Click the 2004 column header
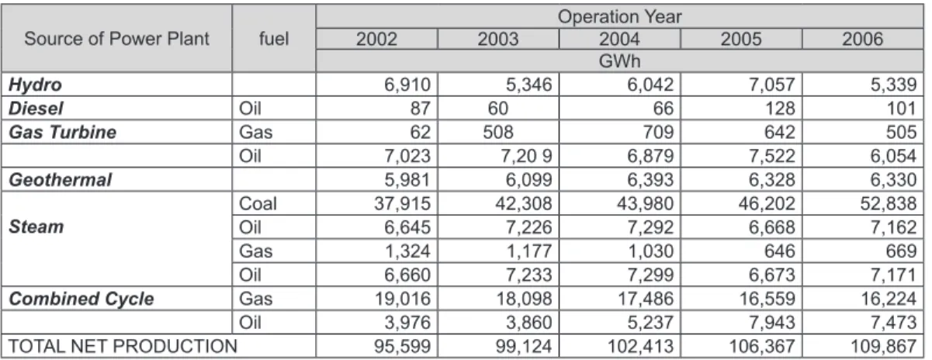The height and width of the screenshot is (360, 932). [x=619, y=39]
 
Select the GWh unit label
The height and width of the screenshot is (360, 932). [x=619, y=61]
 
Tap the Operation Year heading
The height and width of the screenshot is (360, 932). [x=619, y=17]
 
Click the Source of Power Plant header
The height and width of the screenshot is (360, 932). [x=116, y=39]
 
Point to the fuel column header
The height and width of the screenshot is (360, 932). [x=274, y=39]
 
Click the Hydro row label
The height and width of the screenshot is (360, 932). [x=35, y=85]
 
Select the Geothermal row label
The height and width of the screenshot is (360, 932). [x=60, y=180]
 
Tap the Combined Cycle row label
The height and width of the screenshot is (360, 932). [x=81, y=299]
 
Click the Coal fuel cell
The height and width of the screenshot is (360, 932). [x=258, y=203]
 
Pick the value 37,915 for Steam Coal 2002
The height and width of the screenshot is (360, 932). [x=402, y=203]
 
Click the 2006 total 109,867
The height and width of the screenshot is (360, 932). [x=883, y=346]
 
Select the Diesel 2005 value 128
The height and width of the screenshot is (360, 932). [x=780, y=109]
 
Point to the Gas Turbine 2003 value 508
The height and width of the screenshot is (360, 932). [x=498, y=133]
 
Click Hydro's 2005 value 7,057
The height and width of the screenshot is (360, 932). [x=772, y=85]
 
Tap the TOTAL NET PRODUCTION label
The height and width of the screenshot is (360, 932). [x=123, y=346]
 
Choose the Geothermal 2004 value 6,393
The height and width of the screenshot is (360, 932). [x=650, y=180]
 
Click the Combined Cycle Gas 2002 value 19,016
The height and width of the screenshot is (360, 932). [x=402, y=299]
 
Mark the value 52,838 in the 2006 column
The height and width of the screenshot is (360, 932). [x=889, y=203]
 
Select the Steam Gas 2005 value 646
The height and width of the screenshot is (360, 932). [x=780, y=251]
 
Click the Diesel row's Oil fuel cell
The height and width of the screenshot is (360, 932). [x=250, y=109]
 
